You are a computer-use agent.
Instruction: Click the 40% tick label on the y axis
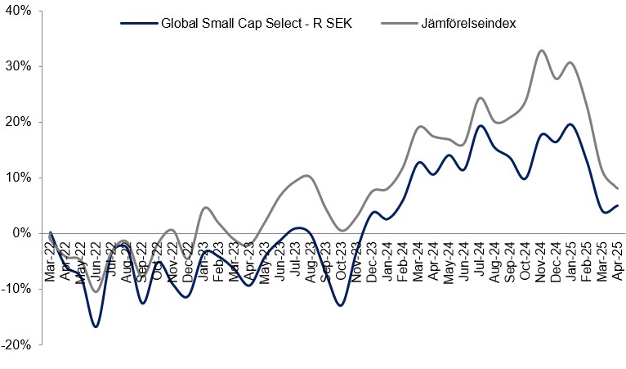point(17,11)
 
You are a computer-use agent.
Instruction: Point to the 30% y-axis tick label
point(17,66)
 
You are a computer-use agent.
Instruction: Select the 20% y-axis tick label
point(17,122)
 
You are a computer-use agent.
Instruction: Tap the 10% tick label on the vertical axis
point(17,178)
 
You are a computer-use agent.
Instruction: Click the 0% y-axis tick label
point(20,233)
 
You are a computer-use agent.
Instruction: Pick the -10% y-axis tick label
point(16,289)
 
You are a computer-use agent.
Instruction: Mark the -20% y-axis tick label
point(16,344)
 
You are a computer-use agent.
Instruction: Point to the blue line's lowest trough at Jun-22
point(96,326)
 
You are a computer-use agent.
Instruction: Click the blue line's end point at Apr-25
point(618,205)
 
